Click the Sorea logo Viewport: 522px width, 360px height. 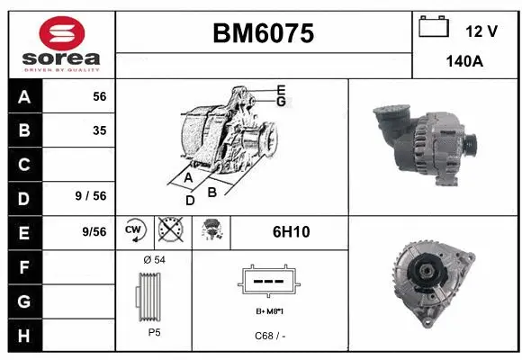61,44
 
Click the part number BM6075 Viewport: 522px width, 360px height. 263,33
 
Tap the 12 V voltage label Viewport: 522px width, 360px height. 481,31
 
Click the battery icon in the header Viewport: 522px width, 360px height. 434,28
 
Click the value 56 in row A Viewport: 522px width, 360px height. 99,97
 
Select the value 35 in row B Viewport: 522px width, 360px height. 99,130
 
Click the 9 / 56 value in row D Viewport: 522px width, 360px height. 93,197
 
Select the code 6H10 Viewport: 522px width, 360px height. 291,231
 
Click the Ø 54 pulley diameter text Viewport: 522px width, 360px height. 153,259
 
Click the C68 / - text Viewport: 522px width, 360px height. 269,335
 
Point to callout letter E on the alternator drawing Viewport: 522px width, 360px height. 281,89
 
